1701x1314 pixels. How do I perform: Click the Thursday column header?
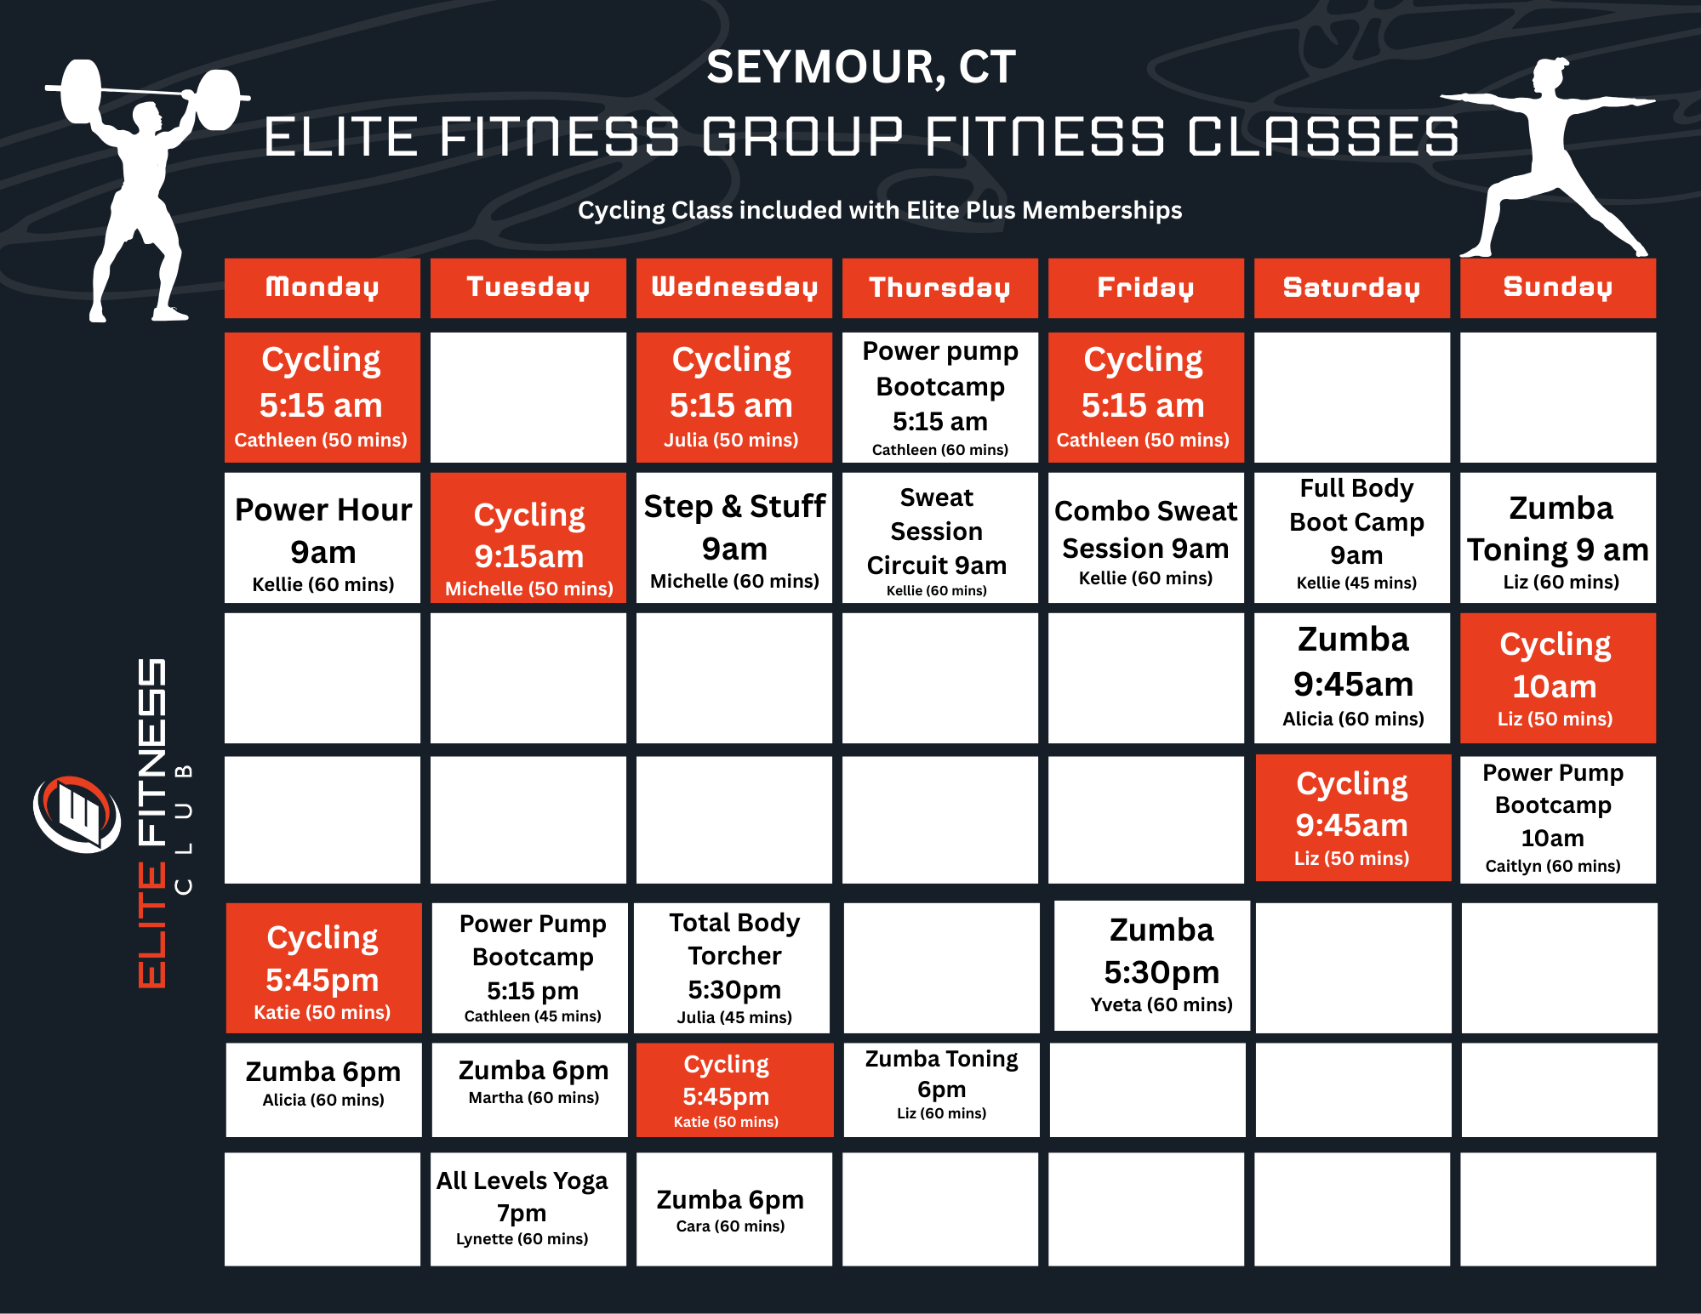[x=939, y=287]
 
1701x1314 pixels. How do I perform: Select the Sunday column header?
[x=1557, y=287]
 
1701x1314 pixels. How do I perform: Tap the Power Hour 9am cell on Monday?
[x=323, y=538]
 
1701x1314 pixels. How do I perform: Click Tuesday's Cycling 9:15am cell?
[x=528, y=538]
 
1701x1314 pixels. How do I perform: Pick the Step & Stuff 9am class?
[x=733, y=538]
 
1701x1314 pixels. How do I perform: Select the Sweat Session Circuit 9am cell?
[x=939, y=538]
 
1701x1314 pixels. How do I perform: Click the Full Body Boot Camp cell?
[x=1351, y=538]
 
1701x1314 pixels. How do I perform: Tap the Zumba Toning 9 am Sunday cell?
[x=1557, y=538]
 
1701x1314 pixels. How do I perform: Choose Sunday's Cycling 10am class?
[x=1557, y=678]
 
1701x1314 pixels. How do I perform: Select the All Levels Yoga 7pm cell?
[x=528, y=1209]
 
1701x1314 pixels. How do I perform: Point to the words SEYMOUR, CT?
[x=860, y=67]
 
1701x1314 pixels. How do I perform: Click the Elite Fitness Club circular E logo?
[x=77, y=814]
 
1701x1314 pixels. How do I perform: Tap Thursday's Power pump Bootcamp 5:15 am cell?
[x=939, y=397]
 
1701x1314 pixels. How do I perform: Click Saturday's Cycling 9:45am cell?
[x=1353, y=818]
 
